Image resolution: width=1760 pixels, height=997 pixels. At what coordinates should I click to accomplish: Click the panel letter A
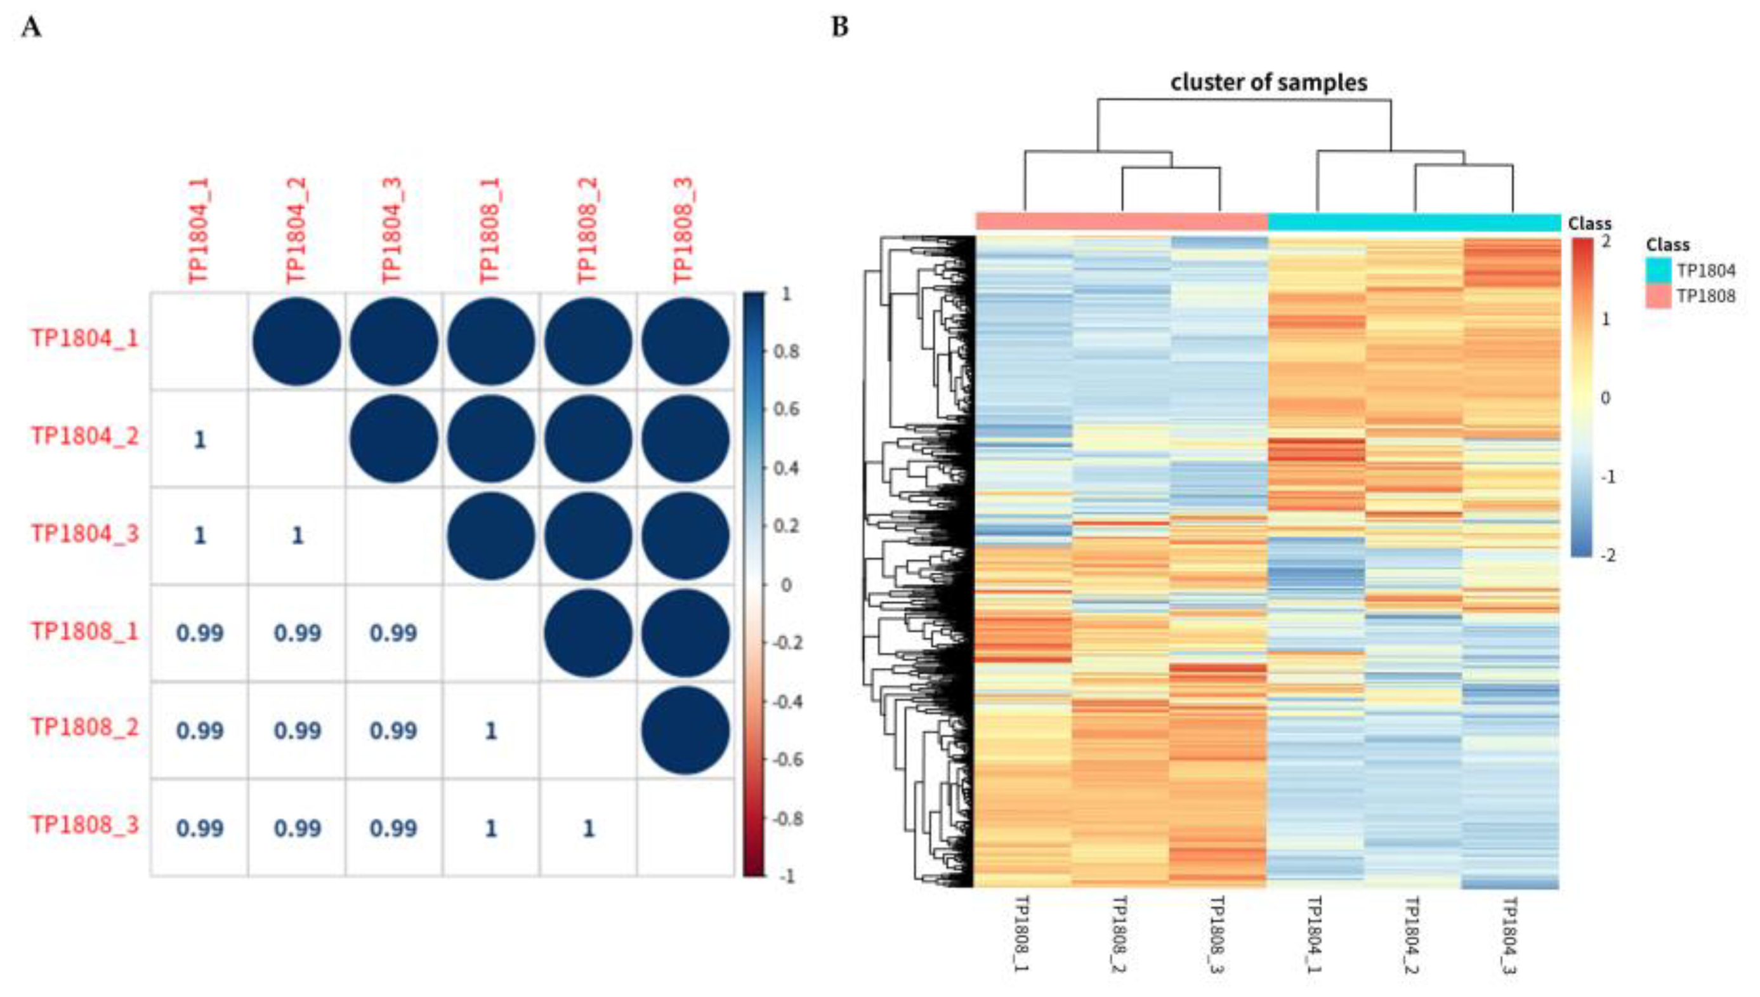click(32, 28)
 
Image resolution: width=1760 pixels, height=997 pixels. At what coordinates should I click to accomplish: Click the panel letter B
click(839, 27)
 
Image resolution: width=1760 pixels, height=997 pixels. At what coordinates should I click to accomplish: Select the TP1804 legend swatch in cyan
click(1658, 270)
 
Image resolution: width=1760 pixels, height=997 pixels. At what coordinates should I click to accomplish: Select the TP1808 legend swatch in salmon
click(1658, 296)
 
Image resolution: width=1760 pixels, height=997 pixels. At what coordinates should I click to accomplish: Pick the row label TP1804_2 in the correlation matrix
click(85, 436)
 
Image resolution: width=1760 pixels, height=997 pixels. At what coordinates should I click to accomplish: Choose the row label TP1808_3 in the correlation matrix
click(85, 825)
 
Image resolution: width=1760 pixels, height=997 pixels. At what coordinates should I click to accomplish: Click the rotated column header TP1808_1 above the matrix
click(490, 230)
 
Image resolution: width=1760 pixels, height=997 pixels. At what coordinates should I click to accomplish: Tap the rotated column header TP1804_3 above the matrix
click(393, 230)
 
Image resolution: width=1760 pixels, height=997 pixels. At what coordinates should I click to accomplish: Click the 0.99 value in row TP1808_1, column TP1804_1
click(200, 633)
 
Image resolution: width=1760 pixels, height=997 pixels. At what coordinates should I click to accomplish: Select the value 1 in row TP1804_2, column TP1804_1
click(200, 440)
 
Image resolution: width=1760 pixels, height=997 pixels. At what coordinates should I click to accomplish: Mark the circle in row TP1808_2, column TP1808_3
click(685, 730)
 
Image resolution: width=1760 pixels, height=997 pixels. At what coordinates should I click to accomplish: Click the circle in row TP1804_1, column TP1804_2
click(296, 341)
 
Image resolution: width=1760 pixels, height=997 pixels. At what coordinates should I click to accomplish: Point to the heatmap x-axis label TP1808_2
click(1120, 934)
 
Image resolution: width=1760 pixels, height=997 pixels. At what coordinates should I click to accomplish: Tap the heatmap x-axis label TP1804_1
click(1315, 934)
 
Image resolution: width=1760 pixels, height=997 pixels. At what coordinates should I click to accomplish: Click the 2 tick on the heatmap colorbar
click(1606, 242)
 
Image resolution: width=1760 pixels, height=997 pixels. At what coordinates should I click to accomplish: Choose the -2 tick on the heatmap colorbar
click(1607, 555)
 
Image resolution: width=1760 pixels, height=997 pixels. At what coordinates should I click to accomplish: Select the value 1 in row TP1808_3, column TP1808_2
click(588, 829)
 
